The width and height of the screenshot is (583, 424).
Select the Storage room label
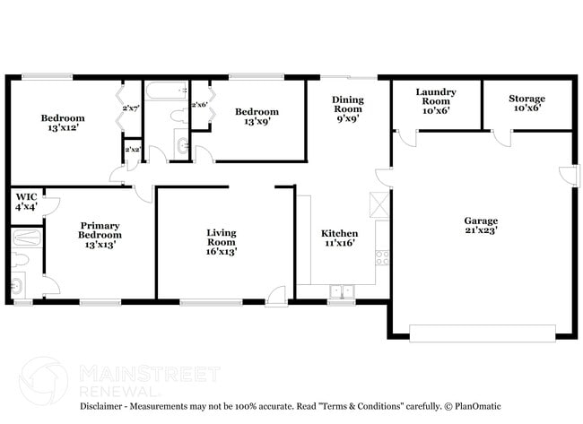pos(526,104)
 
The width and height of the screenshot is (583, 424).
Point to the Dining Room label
pos(347,110)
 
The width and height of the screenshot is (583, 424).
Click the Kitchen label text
pos(340,239)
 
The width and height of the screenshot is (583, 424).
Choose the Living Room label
pos(221,242)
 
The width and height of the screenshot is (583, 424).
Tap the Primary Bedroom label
pos(100,234)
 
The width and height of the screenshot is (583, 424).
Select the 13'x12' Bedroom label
pos(63,124)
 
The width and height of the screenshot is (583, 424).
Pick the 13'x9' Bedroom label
pos(253,117)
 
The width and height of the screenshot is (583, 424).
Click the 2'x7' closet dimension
pos(130,108)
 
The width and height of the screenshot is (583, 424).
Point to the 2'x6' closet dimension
pos(199,105)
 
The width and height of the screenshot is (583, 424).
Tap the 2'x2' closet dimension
pos(133,149)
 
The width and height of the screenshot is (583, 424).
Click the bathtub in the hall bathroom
pos(166,91)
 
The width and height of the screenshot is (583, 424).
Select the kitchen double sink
pos(341,290)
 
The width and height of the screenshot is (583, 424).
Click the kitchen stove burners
pos(381,259)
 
